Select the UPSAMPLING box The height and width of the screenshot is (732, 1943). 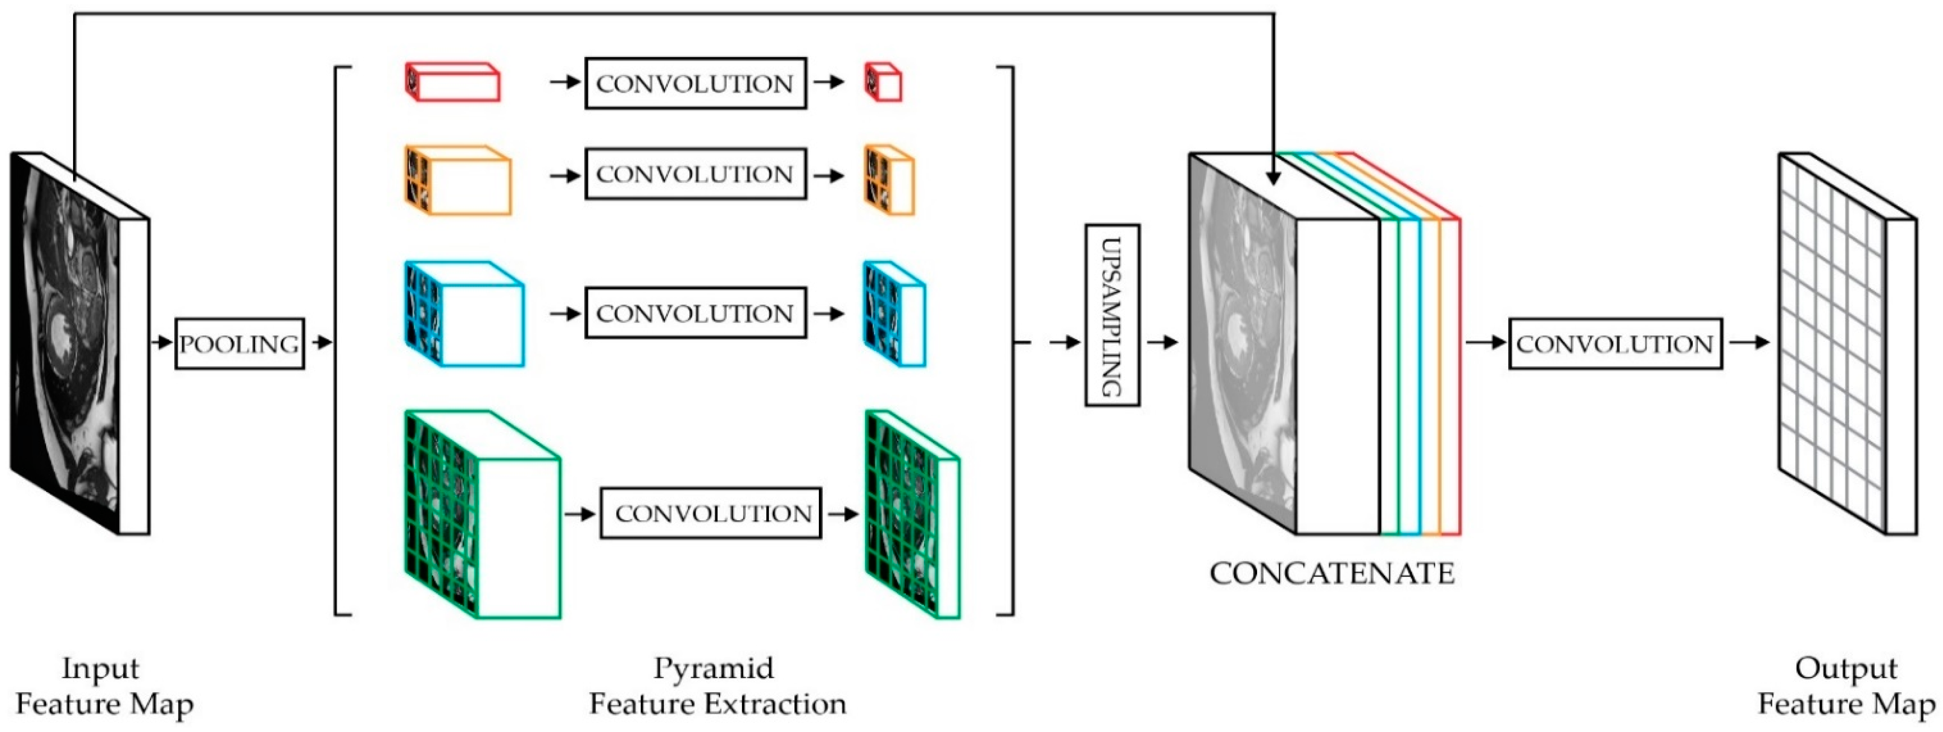tap(1112, 315)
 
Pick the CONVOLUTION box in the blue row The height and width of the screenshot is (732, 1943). tap(694, 313)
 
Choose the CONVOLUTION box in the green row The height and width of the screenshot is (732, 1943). tap(710, 513)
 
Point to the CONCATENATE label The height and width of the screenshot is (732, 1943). tap(1332, 574)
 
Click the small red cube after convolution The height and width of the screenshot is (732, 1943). tap(883, 83)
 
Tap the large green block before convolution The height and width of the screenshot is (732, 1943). tap(483, 515)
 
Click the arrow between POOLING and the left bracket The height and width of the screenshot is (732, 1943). tap(320, 343)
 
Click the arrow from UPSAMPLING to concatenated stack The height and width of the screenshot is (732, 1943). tap(1162, 343)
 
